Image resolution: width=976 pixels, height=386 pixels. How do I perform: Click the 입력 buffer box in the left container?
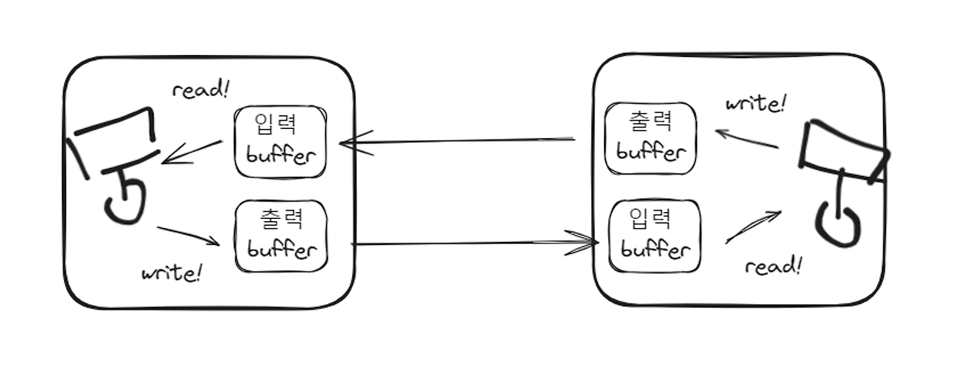(x=281, y=142)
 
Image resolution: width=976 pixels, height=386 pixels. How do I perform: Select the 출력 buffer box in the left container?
(x=281, y=236)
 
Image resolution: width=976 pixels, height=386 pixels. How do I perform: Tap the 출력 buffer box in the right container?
(x=650, y=138)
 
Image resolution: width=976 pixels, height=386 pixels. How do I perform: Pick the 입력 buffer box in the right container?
(x=655, y=235)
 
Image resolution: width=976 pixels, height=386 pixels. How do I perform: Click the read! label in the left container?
(x=201, y=90)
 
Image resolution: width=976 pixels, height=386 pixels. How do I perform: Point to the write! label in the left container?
(x=172, y=272)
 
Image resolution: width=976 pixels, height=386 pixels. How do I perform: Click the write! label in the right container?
(x=755, y=103)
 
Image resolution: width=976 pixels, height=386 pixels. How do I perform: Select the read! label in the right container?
(x=773, y=266)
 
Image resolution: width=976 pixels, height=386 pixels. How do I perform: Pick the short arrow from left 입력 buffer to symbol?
(x=192, y=152)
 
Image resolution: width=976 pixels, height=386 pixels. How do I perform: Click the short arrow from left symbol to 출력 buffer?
(x=188, y=236)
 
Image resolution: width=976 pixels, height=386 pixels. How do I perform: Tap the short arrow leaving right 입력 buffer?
(x=753, y=227)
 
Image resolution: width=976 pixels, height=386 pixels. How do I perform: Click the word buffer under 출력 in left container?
(x=281, y=249)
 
